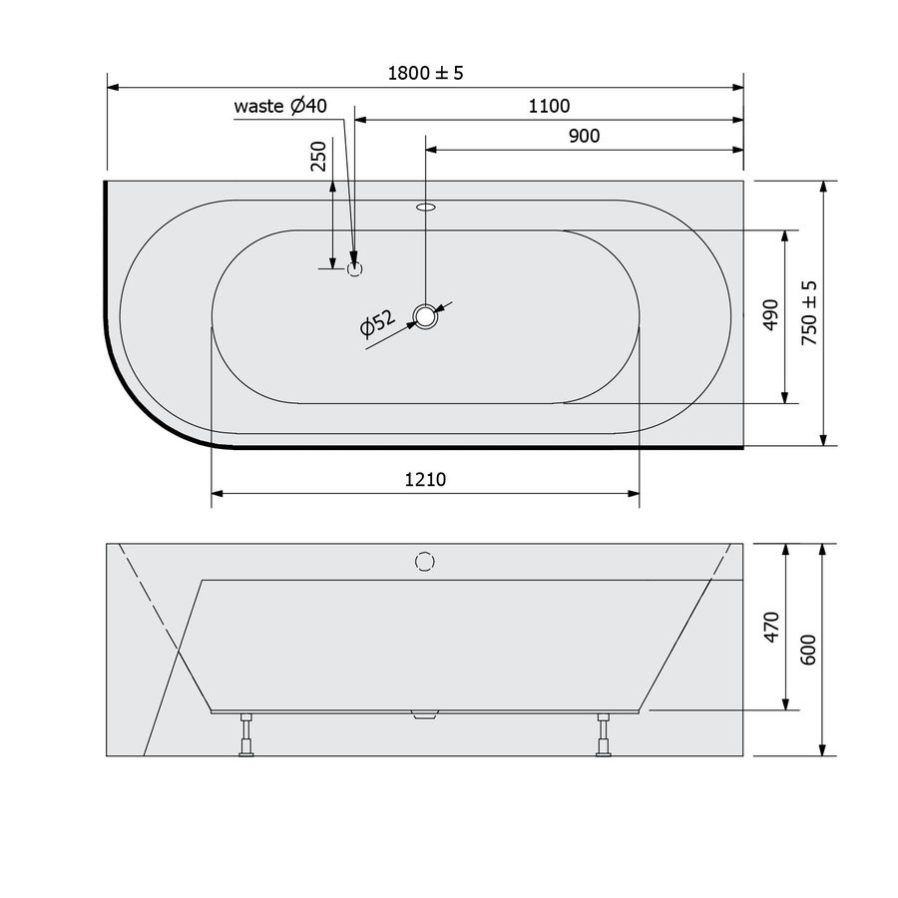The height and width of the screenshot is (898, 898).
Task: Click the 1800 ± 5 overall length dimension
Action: (426, 74)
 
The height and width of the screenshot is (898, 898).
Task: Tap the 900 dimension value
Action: (584, 137)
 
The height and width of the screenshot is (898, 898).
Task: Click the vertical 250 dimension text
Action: (319, 157)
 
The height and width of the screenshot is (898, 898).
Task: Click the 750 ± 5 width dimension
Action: (809, 312)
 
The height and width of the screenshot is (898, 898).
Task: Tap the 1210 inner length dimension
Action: (425, 479)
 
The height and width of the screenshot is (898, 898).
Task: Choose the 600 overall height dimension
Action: (809, 650)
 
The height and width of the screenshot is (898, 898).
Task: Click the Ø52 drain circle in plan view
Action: (427, 317)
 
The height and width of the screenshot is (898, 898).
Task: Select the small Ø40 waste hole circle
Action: (356, 267)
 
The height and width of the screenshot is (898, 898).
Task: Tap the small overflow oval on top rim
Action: (426, 209)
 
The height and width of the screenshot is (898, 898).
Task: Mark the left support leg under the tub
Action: (245, 735)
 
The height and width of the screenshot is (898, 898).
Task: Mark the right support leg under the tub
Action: (603, 735)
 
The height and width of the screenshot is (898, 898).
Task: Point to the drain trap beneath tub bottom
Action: (425, 713)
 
